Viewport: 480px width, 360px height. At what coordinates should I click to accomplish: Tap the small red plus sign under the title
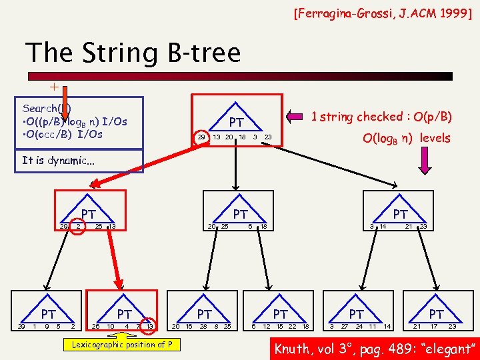pyautogui.click(x=54, y=87)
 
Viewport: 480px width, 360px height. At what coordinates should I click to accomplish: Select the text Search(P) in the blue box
pyautogui.click(x=47, y=108)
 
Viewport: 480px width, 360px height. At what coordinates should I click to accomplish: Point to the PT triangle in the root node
pyautogui.click(x=236, y=122)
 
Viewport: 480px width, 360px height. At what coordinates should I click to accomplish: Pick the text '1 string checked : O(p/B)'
pyautogui.click(x=382, y=117)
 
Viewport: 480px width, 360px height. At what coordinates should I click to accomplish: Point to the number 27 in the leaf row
pyautogui.click(x=345, y=326)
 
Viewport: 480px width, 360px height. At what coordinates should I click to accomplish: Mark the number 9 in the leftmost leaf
pyautogui.click(x=46, y=326)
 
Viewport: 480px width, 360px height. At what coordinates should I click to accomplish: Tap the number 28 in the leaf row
pyautogui.click(x=203, y=326)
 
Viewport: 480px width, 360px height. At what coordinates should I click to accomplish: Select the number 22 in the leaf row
pyautogui.click(x=292, y=326)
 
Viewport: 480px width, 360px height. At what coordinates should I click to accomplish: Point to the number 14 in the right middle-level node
pyautogui.click(x=383, y=227)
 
